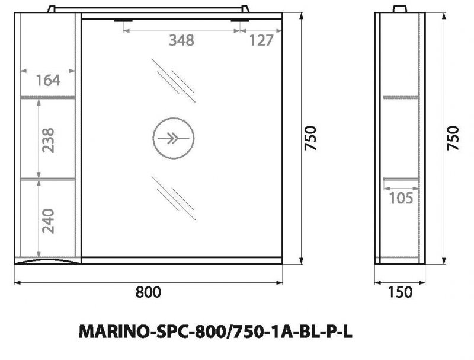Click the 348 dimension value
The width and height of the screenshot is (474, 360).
(x=181, y=40)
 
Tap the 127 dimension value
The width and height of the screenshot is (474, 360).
(x=261, y=40)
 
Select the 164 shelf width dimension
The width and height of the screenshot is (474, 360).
(x=48, y=80)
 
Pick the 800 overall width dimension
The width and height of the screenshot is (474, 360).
(x=148, y=291)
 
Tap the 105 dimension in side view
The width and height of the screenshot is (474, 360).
(x=401, y=198)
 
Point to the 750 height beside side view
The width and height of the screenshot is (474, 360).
(x=454, y=139)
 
